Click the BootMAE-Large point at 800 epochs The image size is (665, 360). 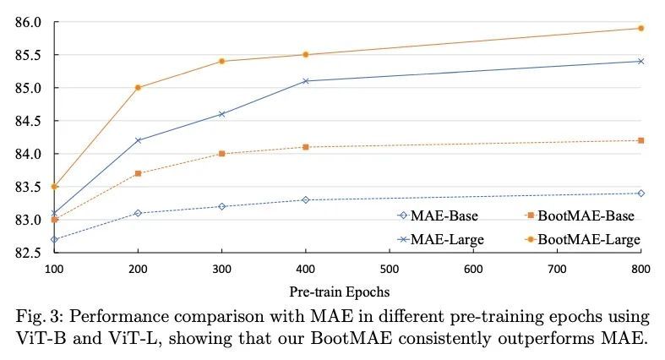click(641, 28)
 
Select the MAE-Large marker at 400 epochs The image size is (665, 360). click(306, 81)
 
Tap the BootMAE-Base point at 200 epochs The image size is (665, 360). click(138, 173)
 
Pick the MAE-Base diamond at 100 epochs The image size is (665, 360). click(54, 239)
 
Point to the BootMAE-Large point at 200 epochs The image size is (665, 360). click(138, 87)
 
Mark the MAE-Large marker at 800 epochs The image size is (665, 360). click(641, 61)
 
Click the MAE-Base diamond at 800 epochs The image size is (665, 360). click(641, 193)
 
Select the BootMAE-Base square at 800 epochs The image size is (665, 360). click(641, 140)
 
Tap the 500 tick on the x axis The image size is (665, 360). click(390, 268)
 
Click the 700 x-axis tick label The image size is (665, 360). click(558, 268)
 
